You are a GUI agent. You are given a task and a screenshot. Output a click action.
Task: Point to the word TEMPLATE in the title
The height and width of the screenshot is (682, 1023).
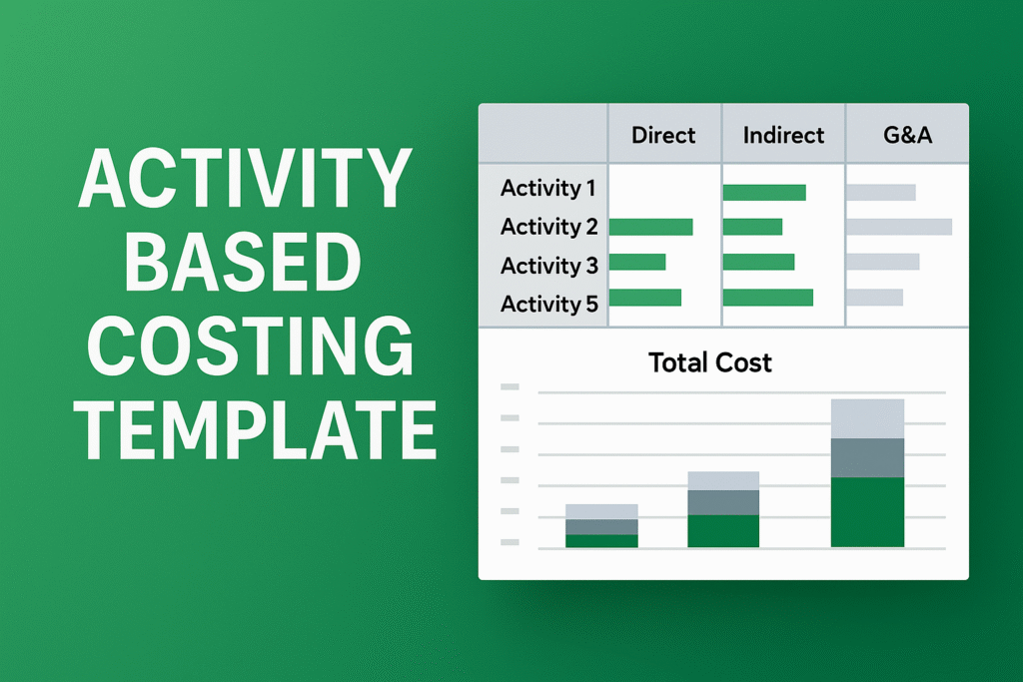point(258,426)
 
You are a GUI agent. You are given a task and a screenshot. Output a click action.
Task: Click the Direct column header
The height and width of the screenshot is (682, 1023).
point(663,135)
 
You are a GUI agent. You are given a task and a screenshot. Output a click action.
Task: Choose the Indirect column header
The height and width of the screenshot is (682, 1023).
point(783,135)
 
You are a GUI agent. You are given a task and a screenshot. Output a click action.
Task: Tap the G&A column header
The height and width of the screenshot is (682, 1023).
point(907,135)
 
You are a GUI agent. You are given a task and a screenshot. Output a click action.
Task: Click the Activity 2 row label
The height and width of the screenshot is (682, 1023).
point(548,227)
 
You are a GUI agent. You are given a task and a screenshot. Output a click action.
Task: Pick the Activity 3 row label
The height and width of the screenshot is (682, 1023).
point(548,266)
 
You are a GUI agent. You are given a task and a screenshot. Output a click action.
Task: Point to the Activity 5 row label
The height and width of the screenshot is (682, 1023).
point(548,304)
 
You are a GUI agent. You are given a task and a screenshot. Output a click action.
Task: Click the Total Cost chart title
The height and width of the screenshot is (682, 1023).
point(710,361)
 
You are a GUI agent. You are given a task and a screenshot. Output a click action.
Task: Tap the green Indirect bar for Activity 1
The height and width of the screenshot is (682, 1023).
point(763,193)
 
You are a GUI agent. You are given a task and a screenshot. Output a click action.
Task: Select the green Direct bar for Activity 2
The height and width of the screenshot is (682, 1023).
point(650,228)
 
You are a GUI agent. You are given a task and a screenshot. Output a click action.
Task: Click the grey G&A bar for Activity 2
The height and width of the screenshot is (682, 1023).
point(898,228)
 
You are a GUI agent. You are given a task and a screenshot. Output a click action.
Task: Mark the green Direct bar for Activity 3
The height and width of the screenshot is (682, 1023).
point(636,263)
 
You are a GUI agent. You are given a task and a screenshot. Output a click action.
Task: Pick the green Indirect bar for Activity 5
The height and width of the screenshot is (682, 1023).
point(767,298)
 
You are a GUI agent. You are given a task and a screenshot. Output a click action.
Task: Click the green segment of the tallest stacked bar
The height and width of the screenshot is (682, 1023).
point(867,512)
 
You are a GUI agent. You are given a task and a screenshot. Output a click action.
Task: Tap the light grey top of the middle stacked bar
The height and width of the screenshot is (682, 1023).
point(723,480)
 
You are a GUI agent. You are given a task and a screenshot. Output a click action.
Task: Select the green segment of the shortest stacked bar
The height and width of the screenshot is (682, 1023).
point(601,541)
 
